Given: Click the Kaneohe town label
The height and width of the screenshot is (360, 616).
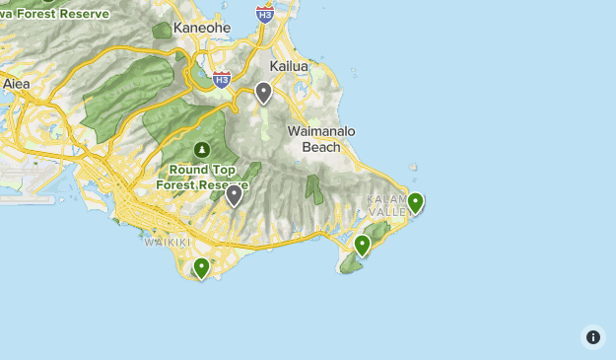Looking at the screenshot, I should coord(201,28).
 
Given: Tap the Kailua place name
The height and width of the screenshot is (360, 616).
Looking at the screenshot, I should coord(289,66).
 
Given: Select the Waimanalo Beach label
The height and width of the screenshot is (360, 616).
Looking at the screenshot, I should coord(321,139).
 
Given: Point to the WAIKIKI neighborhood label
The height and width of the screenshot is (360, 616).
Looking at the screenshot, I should coord(165,241).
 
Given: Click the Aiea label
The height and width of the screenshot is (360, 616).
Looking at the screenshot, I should coord(16,84).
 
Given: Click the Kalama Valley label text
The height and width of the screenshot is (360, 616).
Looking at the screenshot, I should coord(386,205).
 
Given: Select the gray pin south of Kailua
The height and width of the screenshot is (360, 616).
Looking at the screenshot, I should coord(263,93).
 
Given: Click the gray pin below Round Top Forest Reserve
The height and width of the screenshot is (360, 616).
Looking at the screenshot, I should coord(234,194).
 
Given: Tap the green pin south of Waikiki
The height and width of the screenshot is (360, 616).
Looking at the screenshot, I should coord(202,266).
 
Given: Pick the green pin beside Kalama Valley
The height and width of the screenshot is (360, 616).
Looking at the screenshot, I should coord(416,202).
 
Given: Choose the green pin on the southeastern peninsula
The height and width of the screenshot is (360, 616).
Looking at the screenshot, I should coord(363,244).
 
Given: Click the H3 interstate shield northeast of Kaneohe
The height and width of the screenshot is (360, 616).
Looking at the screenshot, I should coord(264,13).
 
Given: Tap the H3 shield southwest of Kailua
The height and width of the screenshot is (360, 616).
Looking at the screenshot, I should coord(222,79).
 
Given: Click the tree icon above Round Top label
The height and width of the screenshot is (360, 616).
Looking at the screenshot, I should coord(202,150).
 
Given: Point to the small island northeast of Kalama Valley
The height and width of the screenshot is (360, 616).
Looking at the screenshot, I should coord(413,168).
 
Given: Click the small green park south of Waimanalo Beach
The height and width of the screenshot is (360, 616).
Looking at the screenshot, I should coord(314,187).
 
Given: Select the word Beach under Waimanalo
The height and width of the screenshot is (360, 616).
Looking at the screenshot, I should coord(321,147).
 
